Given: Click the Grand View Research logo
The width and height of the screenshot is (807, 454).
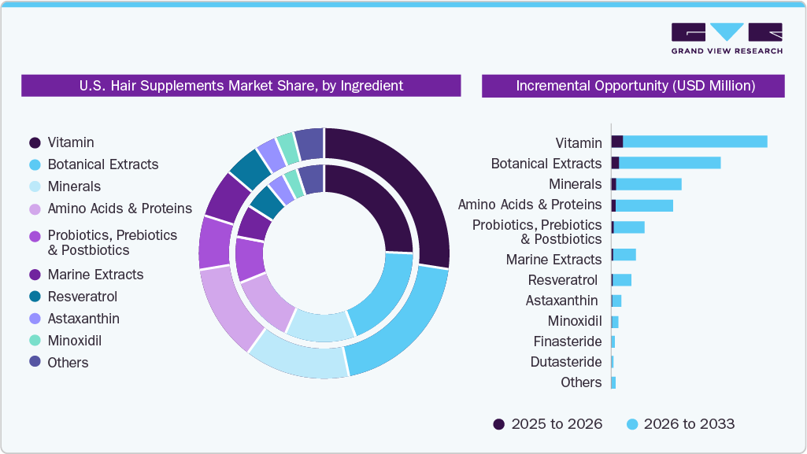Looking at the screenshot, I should point(726,39).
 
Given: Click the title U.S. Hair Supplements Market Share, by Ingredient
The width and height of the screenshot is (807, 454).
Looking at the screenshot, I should point(241,86).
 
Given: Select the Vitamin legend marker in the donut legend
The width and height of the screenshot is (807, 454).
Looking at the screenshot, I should point(35,142).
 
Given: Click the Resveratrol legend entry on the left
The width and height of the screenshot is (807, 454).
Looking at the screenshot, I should point(82,297).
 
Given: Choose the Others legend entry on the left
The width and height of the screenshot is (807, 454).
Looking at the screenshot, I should point(68,363).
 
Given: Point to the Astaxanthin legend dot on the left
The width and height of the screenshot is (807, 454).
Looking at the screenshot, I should point(35,319).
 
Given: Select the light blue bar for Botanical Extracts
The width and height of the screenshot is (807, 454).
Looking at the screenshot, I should point(669,163).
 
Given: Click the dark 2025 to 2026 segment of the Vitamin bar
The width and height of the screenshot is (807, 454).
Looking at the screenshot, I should point(617,142).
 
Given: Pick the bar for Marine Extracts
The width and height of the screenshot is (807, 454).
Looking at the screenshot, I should point(624,255).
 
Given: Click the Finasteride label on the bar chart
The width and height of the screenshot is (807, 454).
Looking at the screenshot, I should point(567,341).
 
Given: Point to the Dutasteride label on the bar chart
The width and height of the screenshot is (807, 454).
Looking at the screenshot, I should point(566,362).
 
